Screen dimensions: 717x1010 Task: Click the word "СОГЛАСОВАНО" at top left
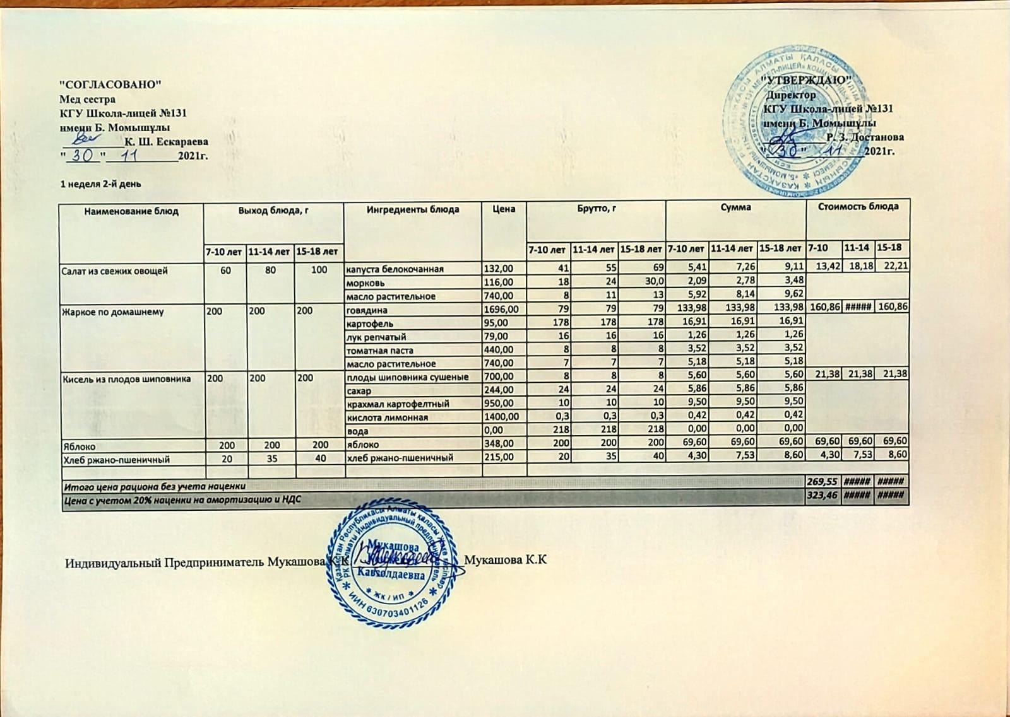coord(111,84)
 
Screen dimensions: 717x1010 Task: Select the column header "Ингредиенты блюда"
coord(413,209)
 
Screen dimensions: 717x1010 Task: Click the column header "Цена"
coord(504,209)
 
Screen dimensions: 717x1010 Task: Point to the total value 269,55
coord(824,483)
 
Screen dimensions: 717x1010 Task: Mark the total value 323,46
coord(824,497)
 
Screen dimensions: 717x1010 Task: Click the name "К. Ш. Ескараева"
coord(167,142)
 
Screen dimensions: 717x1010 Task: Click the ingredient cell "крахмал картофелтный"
coord(398,404)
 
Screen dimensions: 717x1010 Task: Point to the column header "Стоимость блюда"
coord(858,207)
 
